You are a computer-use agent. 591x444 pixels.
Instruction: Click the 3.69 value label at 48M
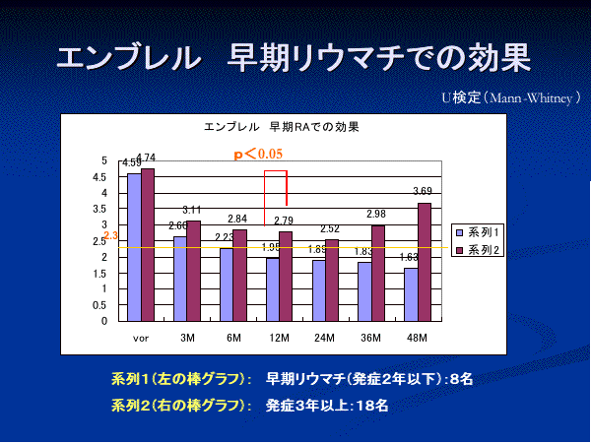pos(422,191)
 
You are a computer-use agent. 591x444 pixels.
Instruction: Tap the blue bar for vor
pos(133,247)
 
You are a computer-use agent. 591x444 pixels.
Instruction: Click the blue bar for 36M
pos(364,291)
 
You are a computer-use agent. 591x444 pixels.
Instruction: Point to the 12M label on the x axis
pos(279,338)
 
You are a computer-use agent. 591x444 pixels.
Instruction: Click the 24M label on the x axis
pos(325,338)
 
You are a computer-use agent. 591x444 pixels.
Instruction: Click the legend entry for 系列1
pos(480,231)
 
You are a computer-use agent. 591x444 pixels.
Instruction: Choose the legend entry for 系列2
pos(480,250)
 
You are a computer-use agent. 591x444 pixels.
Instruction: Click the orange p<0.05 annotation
pos(258,154)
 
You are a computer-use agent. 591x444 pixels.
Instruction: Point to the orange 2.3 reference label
pos(110,236)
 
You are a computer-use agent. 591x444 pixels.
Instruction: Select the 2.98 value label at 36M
pos(375,214)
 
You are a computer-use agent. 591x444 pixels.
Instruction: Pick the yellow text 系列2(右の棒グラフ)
pos(177,404)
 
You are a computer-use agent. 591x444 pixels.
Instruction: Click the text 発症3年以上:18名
pos(327,404)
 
